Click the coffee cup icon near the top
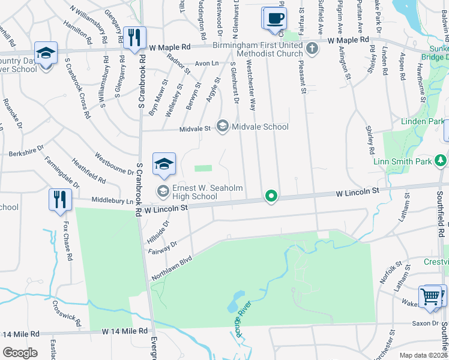click(x=275, y=18)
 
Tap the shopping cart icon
click(x=432, y=296)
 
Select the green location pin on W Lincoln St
click(x=271, y=196)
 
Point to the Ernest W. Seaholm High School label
click(x=208, y=192)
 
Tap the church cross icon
click(x=312, y=47)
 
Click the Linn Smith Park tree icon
click(x=441, y=160)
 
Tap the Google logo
click(x=20, y=352)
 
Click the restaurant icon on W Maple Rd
click(x=133, y=37)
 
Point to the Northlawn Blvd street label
click(x=173, y=264)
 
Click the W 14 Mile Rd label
click(x=124, y=331)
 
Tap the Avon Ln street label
click(x=205, y=63)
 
